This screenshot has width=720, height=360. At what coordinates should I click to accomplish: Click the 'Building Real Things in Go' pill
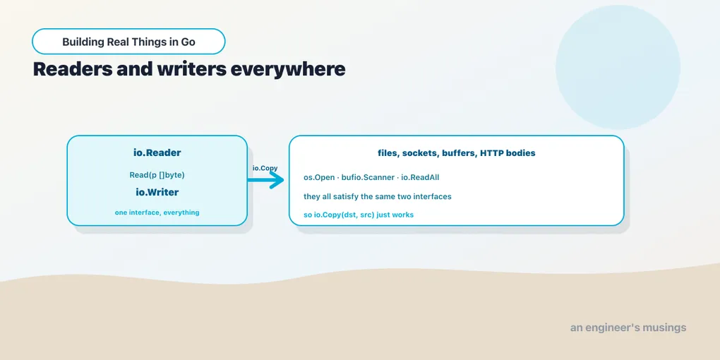pyautogui.click(x=128, y=42)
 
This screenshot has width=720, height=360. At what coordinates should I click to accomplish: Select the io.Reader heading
pyautogui.click(x=157, y=153)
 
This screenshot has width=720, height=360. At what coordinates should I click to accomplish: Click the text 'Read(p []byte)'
pyautogui.click(x=157, y=175)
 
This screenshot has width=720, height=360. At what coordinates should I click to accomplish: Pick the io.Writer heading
pyautogui.click(x=157, y=193)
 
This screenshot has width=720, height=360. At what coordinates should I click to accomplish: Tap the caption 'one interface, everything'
pyautogui.click(x=157, y=212)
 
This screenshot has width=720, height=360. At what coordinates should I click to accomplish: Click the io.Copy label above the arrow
pyautogui.click(x=265, y=168)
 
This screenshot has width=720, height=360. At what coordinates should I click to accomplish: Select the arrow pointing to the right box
pyautogui.click(x=266, y=180)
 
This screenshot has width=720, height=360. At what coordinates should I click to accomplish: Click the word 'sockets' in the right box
pyautogui.click(x=420, y=153)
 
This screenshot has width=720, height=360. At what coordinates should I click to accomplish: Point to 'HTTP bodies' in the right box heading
pyautogui.click(x=508, y=153)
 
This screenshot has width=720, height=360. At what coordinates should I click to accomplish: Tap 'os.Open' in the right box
pyautogui.click(x=319, y=178)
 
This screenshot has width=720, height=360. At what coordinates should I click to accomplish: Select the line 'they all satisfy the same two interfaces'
pyautogui.click(x=378, y=196)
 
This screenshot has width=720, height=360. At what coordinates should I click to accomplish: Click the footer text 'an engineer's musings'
pyautogui.click(x=628, y=328)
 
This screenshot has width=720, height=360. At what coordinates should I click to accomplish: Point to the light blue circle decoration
pyautogui.click(x=618, y=67)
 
